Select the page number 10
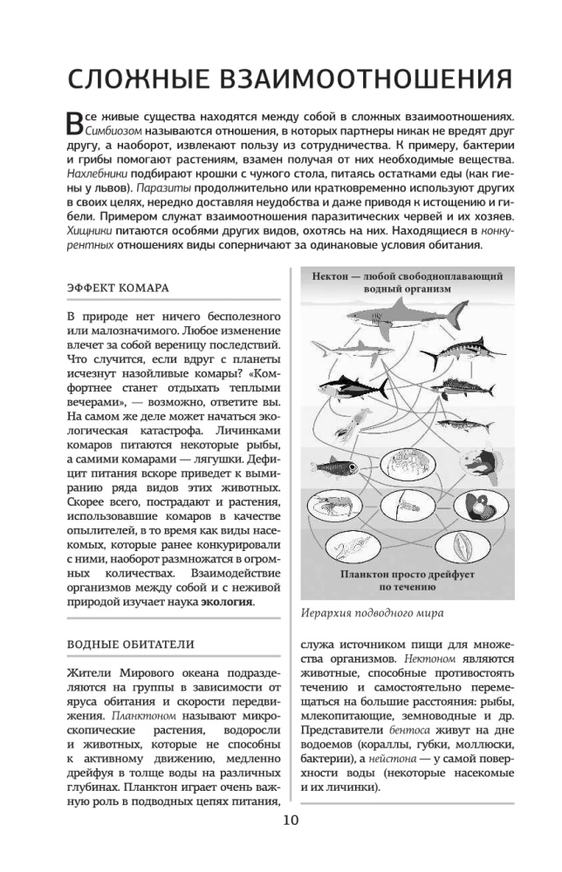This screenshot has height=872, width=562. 281,821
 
